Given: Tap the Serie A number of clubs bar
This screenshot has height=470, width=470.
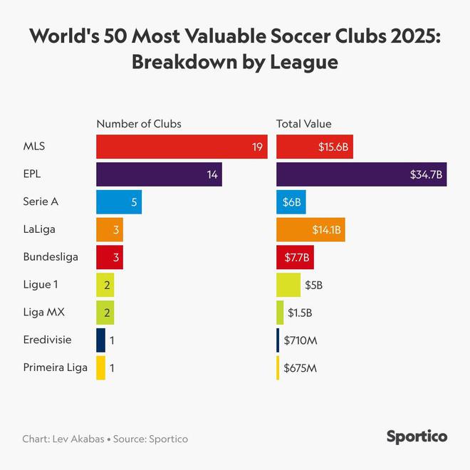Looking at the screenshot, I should click(119, 202).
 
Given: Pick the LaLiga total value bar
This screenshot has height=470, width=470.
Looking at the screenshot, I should click(310, 229).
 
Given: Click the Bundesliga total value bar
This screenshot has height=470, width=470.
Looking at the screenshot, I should click(295, 257).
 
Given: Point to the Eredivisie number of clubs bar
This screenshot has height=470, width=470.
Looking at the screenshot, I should click(101, 340).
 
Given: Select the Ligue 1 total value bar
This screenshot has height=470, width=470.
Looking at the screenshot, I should click(288, 285).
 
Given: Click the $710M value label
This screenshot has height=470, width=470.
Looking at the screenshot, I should click(301, 340).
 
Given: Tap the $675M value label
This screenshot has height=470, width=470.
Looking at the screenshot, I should click(301, 368).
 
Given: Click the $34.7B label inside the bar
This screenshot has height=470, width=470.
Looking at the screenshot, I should click(426, 174).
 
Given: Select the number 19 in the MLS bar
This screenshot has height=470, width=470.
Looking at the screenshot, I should click(257, 146).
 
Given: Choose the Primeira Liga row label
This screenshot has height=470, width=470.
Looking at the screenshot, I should click(56, 368).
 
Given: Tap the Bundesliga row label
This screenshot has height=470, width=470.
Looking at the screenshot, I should click(51, 257).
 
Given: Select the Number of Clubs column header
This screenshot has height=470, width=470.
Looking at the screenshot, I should click(139, 124).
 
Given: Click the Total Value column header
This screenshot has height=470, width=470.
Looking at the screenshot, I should click(304, 124).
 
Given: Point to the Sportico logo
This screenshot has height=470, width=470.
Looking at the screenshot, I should click(417, 436).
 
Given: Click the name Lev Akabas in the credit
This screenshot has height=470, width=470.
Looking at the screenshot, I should click(77, 439).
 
